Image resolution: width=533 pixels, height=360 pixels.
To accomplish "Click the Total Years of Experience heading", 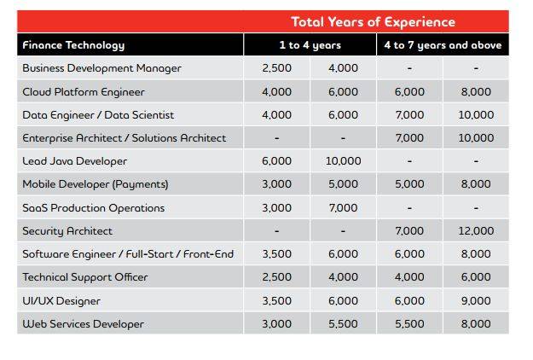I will click(374, 22).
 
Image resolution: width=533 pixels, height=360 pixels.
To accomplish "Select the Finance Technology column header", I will click(73, 45).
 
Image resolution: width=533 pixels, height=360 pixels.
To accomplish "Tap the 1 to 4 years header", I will click(310, 45).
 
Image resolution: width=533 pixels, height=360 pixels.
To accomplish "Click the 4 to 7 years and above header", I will click(443, 45).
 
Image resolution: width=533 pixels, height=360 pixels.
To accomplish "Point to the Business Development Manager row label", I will click(101, 68).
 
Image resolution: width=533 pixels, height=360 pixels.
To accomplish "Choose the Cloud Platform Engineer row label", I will click(84, 91).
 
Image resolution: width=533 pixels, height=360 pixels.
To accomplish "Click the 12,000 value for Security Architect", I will click(476, 231).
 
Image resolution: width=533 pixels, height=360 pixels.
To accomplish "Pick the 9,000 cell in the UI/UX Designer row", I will click(476, 300).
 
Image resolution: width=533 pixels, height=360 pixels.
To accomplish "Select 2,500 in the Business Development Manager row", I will click(276, 68).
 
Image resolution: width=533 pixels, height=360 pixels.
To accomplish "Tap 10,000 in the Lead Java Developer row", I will click(343, 161).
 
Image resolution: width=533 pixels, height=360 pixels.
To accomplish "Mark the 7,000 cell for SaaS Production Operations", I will click(343, 207).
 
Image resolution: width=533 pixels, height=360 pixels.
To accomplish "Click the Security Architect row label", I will click(67, 231).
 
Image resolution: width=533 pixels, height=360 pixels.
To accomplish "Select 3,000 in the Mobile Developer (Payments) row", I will click(276, 184).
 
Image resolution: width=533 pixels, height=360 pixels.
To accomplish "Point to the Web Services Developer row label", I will click(83, 324).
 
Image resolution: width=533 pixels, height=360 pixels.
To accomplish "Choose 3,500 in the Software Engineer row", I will click(276, 254).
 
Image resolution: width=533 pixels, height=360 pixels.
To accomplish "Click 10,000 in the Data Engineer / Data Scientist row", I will click(476, 114).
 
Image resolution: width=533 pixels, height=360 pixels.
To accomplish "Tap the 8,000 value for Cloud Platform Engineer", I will click(476, 91).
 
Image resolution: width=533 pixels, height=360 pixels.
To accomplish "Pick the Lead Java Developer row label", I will click(74, 161).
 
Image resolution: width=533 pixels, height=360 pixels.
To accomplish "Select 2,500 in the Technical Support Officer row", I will click(276, 277).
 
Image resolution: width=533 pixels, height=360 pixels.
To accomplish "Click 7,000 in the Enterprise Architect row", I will click(409, 138).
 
